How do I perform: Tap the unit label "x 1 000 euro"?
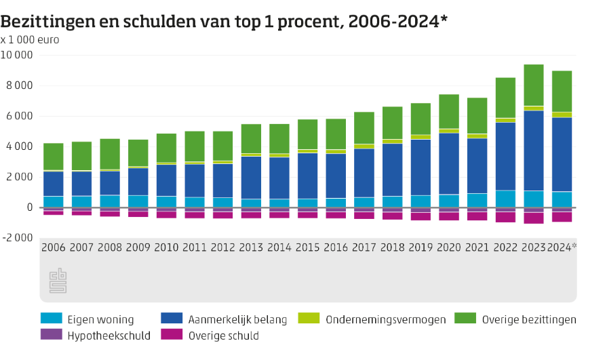click(30, 39)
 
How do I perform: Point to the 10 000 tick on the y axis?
click(18, 55)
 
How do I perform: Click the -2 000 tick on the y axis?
click(18, 238)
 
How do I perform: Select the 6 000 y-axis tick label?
click(20, 116)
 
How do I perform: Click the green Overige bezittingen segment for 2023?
click(534, 85)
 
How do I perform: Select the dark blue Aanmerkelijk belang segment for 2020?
click(449, 163)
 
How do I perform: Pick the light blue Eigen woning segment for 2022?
click(505, 199)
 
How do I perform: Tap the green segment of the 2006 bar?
click(54, 157)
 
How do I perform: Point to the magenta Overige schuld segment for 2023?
click(534, 218)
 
